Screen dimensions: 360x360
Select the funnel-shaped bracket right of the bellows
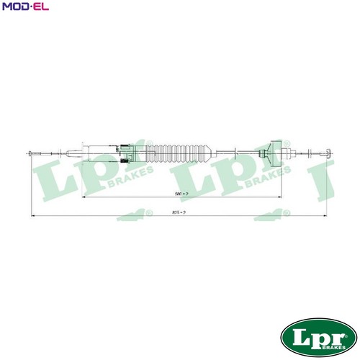click(271, 150)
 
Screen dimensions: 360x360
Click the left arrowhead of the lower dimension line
click(33, 215)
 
